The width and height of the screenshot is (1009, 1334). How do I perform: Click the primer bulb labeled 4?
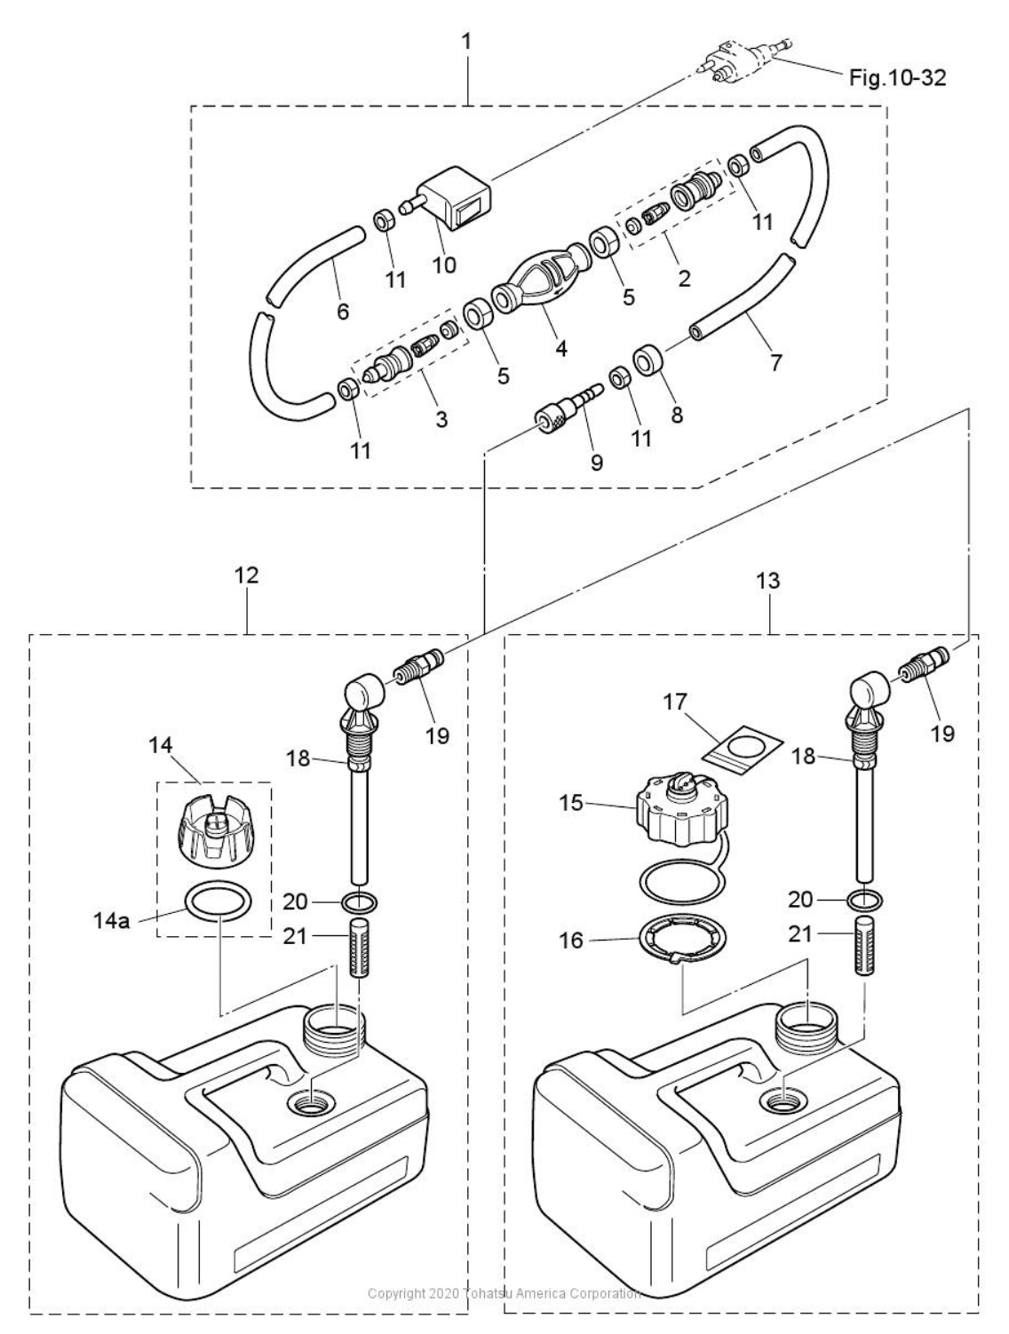[538, 284]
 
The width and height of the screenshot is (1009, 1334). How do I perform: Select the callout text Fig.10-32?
[897, 78]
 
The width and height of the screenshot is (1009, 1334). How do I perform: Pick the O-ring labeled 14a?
[218, 903]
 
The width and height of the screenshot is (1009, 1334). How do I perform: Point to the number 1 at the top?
[466, 41]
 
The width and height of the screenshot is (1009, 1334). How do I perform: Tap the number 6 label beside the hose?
[343, 311]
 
